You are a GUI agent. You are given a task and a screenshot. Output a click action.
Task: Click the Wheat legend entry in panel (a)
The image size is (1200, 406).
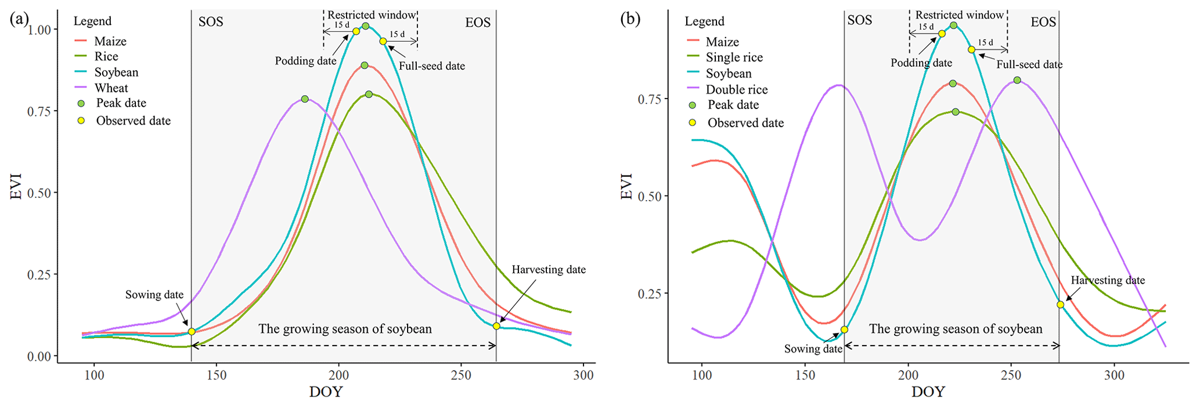(111, 88)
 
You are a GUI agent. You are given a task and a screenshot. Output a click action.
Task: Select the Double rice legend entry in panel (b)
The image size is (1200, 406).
(736, 90)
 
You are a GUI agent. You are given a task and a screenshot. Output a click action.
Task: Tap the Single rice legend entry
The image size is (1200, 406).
(734, 57)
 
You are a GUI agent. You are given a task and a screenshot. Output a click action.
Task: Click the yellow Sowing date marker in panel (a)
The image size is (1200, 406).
(192, 332)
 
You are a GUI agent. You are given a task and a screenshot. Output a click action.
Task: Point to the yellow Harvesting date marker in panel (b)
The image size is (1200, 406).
(1061, 304)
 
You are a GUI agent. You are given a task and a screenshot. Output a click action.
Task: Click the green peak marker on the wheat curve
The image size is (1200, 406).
(305, 99)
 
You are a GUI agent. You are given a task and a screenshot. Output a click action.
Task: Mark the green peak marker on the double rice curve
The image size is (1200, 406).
(1017, 80)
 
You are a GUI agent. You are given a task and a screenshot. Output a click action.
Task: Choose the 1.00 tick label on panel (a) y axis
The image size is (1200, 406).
(39, 29)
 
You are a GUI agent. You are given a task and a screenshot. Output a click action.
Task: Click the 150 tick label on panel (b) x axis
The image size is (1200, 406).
(805, 375)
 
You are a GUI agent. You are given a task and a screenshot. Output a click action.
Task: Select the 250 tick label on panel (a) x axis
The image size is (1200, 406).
(461, 375)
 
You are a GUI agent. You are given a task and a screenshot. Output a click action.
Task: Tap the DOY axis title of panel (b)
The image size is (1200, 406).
(928, 392)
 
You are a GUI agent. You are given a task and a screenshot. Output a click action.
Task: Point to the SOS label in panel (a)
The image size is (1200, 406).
(211, 23)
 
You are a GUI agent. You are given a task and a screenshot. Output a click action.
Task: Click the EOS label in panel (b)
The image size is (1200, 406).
(1043, 23)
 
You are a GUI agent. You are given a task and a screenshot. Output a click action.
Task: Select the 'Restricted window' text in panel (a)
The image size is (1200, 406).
(372, 15)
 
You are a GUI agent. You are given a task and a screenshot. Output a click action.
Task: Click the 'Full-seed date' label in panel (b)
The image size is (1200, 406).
(1029, 65)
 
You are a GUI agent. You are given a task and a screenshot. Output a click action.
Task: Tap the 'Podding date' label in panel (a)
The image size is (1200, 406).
(305, 61)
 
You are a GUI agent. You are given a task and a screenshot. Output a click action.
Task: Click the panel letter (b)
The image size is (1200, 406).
(630, 19)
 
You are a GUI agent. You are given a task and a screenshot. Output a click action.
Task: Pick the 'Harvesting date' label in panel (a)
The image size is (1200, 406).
(549, 270)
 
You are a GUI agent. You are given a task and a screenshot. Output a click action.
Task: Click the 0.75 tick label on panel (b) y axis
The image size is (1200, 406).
(651, 99)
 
